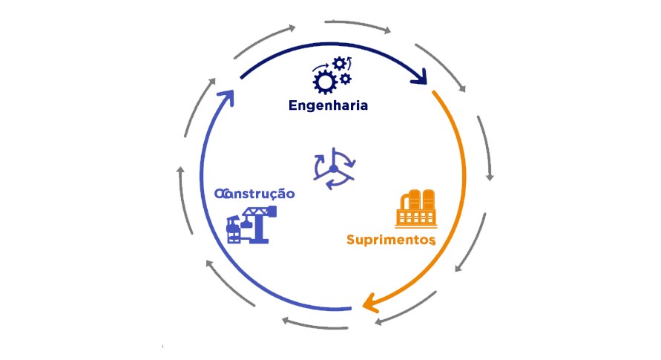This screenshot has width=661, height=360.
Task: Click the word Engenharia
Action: click(x=328, y=105)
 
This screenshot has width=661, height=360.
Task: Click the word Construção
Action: click(x=254, y=194)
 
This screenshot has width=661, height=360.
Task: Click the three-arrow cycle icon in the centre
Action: click(x=334, y=170)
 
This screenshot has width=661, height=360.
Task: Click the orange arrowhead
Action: click(x=369, y=304)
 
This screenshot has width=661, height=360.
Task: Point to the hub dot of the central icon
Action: click(x=334, y=170)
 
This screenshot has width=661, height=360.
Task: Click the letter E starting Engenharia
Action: click(x=292, y=105)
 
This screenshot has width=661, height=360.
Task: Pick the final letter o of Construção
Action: click(x=291, y=194)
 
